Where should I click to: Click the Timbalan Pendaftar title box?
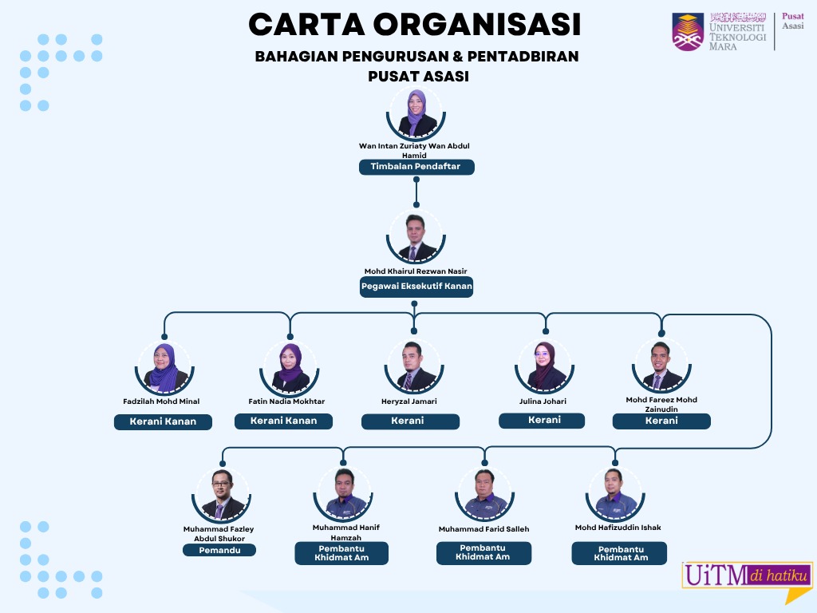416,167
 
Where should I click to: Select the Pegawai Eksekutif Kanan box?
416,287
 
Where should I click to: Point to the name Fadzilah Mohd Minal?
162,401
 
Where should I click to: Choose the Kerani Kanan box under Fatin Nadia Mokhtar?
283,421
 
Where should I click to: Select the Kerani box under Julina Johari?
542,420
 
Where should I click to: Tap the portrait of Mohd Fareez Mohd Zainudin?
661,366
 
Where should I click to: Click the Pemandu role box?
219,550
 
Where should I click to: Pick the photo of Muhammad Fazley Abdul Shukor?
221,495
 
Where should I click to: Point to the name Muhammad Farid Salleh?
483,529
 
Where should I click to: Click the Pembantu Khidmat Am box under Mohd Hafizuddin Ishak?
619,553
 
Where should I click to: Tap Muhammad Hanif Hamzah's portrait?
345,495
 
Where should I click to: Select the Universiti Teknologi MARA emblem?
688,32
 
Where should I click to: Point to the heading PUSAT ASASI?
417,77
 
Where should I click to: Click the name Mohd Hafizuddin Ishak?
618,528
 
